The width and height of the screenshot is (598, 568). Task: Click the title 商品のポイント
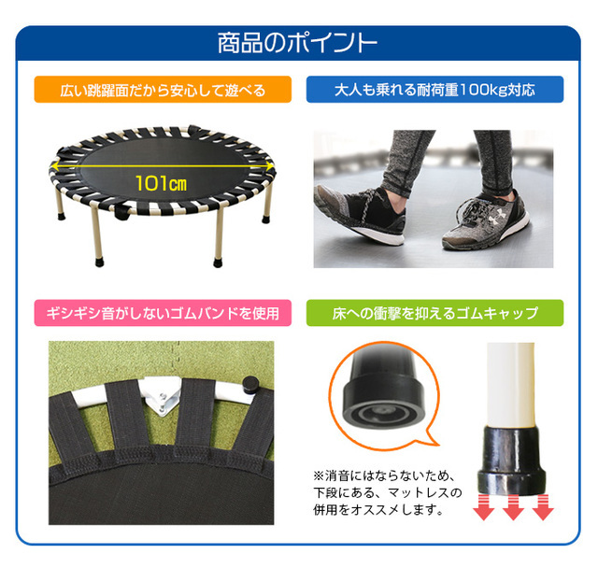(297, 43)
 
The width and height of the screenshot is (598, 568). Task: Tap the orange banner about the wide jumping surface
(163, 90)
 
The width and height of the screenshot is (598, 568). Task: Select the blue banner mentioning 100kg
(434, 90)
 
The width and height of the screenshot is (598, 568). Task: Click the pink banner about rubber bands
(163, 313)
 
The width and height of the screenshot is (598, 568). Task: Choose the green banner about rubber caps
(434, 313)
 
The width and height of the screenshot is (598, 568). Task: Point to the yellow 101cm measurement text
(162, 184)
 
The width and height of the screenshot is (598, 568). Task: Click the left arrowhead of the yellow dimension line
(54, 166)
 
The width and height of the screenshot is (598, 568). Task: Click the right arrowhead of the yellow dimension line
(270, 166)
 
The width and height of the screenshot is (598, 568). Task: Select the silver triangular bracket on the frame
(162, 397)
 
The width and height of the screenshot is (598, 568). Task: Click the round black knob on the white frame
(250, 385)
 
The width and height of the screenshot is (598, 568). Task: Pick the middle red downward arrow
(513, 508)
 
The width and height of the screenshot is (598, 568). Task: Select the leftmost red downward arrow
(484, 508)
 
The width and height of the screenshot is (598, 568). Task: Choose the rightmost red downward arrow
(543, 508)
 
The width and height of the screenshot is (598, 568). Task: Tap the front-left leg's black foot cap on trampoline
(100, 262)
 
